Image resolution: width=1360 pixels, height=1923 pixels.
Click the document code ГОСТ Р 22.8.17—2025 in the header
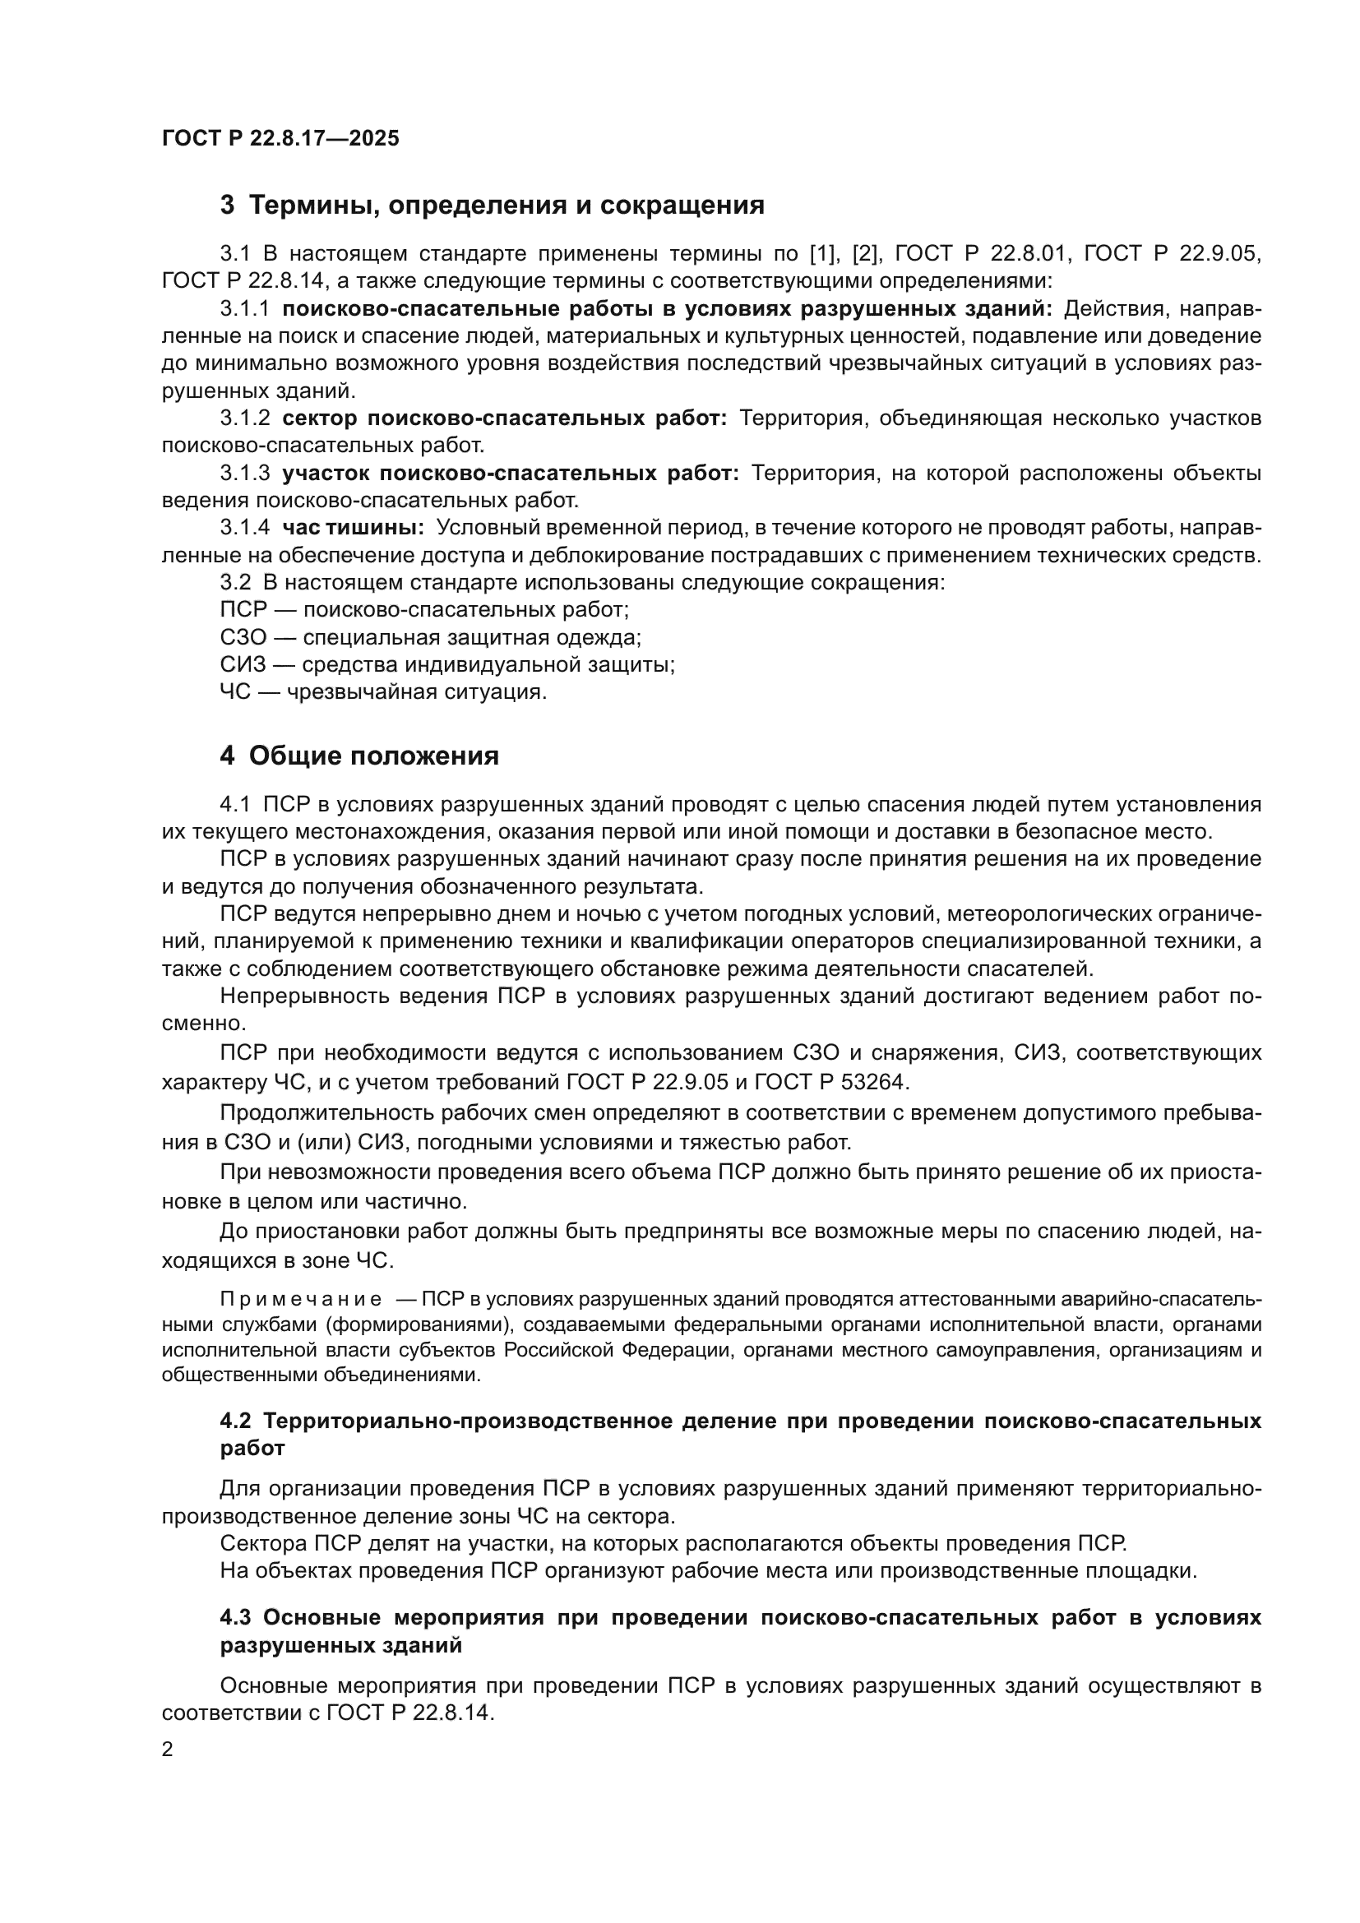(x=280, y=139)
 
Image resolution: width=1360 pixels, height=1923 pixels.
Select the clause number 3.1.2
(x=244, y=418)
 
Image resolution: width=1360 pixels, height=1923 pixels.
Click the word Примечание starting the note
(x=301, y=1299)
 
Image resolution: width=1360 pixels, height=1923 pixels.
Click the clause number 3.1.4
(x=244, y=528)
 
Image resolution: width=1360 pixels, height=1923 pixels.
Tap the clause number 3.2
(x=235, y=582)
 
